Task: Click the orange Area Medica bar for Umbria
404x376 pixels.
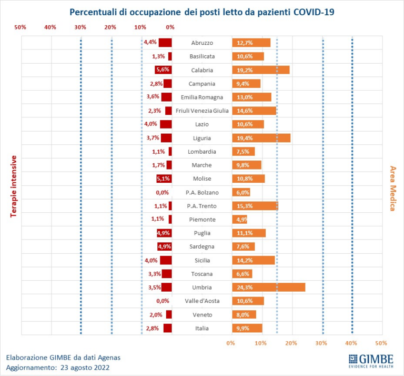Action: pos(268,287)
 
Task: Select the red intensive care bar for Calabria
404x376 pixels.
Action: pos(163,70)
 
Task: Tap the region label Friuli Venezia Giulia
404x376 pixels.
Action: pos(201,111)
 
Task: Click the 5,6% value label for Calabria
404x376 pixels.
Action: pos(162,70)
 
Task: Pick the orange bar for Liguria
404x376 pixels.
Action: pos(261,138)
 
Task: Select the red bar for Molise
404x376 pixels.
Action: pos(164,179)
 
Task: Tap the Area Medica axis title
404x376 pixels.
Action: pos(392,188)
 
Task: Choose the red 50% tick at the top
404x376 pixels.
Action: pos(20,27)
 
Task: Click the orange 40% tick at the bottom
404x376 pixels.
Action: pos(351,343)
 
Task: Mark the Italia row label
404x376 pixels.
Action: pos(201,328)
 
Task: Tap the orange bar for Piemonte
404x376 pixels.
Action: pos(239,219)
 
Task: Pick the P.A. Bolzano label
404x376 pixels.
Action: pos(201,192)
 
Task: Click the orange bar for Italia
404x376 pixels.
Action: pos(247,328)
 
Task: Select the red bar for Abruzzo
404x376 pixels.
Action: pos(165,43)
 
